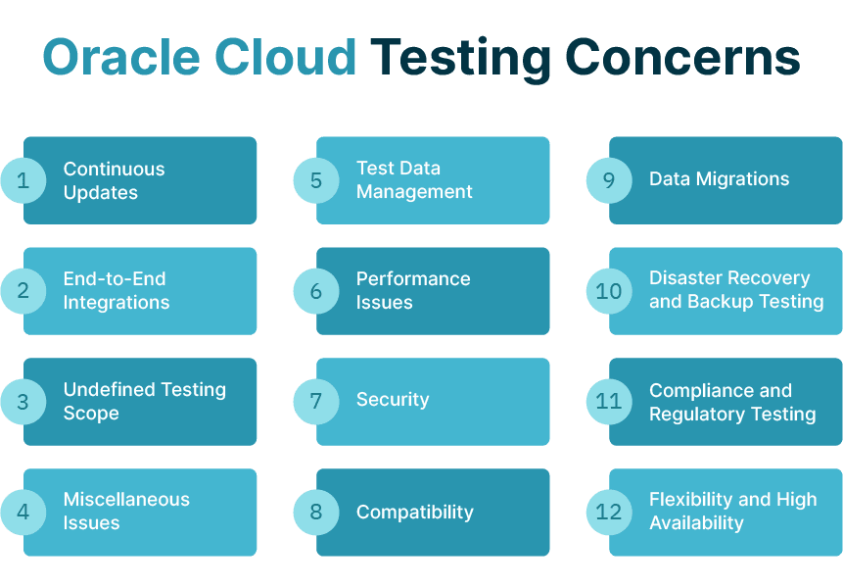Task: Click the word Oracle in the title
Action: pyautogui.click(x=121, y=59)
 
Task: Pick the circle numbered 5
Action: pyautogui.click(x=316, y=180)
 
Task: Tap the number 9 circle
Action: pyautogui.click(x=609, y=180)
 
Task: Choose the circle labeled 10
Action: pyautogui.click(x=609, y=291)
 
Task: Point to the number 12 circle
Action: pyautogui.click(x=609, y=512)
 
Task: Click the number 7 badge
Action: pyautogui.click(x=316, y=401)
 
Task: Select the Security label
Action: pyautogui.click(x=393, y=400)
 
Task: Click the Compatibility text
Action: pyautogui.click(x=414, y=512)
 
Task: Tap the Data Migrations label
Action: pyautogui.click(x=719, y=179)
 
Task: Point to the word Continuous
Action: pyautogui.click(x=114, y=169)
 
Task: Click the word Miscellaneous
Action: pyautogui.click(x=126, y=499)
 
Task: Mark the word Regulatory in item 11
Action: pyautogui.click(x=692, y=414)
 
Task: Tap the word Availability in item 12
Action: pyautogui.click(x=696, y=523)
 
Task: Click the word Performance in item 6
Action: pyautogui.click(x=413, y=278)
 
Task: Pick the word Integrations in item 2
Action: pyautogui.click(x=117, y=303)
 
